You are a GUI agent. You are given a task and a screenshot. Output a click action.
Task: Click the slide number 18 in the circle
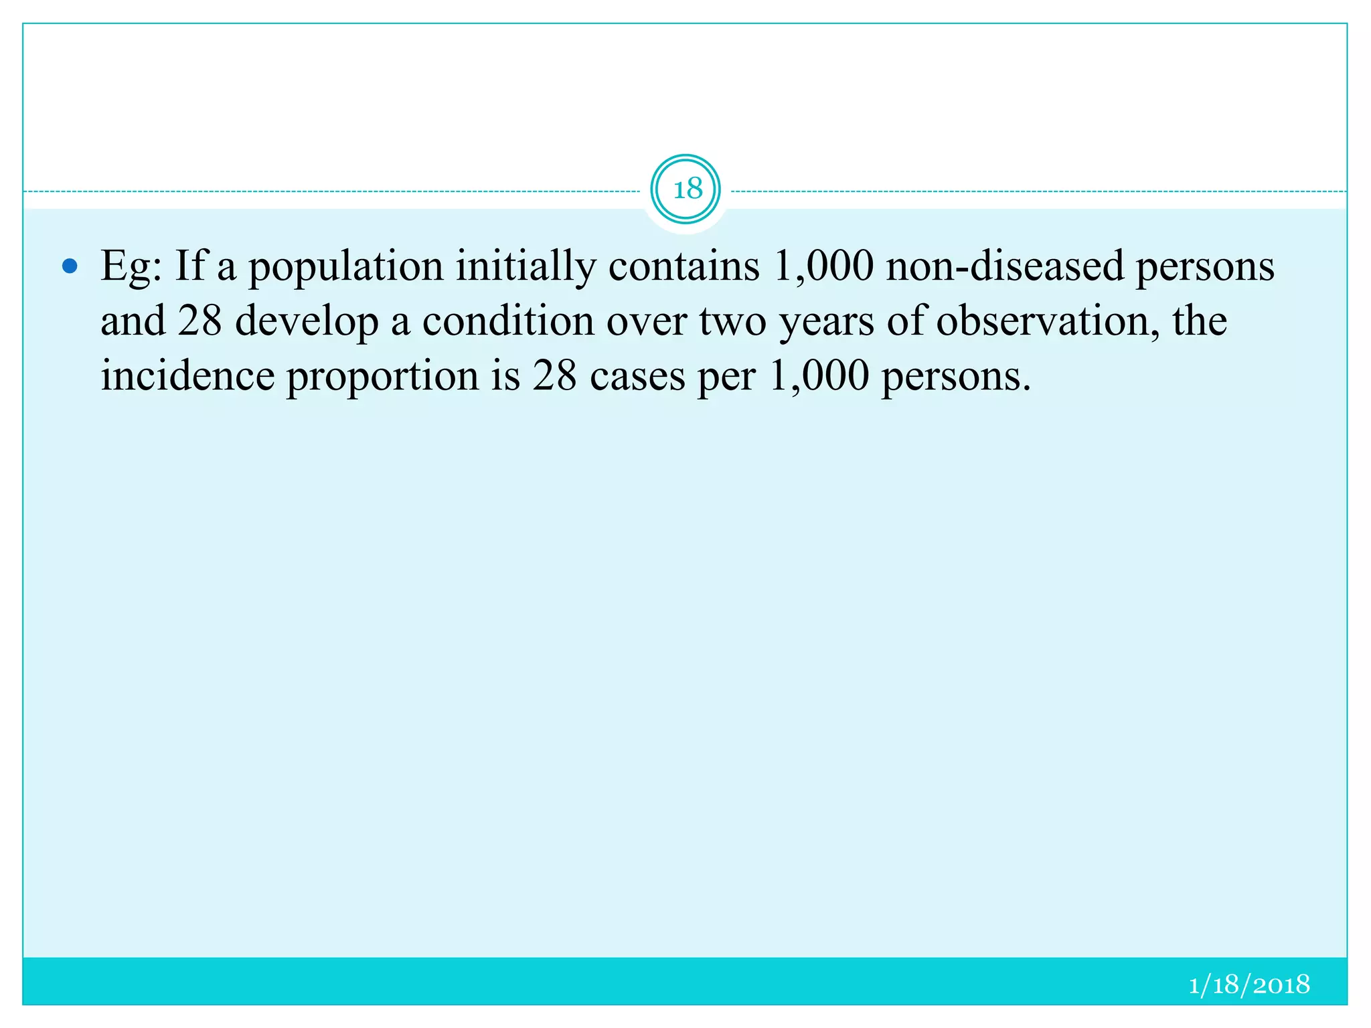click(x=685, y=189)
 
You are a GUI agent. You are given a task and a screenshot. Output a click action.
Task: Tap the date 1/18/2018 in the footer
click(x=1248, y=984)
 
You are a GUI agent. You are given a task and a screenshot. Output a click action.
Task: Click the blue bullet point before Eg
click(x=70, y=267)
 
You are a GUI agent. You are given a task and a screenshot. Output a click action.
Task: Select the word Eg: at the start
click(x=131, y=267)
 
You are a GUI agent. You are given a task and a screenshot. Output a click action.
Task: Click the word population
click(x=345, y=267)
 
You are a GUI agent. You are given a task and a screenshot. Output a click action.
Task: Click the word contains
click(x=683, y=267)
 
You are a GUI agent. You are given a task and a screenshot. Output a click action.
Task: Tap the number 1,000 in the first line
click(x=823, y=267)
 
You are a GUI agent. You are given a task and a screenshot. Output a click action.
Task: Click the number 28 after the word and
click(x=199, y=321)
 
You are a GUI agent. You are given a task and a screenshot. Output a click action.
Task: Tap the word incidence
click(x=187, y=375)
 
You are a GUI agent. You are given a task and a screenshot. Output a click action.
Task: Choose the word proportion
click(x=382, y=377)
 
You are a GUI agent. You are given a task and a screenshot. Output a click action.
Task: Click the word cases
click(x=637, y=375)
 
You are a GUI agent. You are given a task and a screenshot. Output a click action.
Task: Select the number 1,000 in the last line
click(x=819, y=375)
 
